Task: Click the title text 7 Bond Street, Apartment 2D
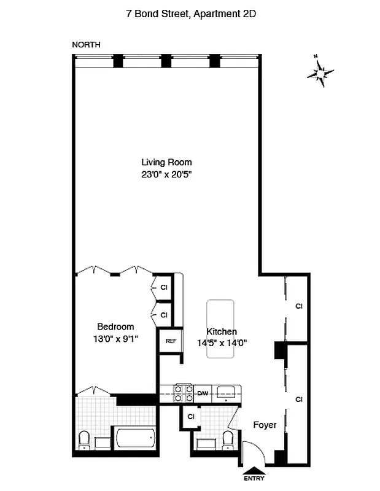tap(189, 12)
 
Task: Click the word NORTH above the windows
tap(86, 44)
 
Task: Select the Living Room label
tap(166, 163)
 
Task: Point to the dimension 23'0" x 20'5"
tap(166, 174)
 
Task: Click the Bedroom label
tap(115, 327)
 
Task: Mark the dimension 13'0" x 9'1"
tap(115, 338)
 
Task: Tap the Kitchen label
tap(222, 331)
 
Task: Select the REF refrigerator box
tap(170, 342)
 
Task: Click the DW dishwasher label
tap(203, 393)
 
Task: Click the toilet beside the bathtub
tap(85, 440)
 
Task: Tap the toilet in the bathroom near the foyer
tap(228, 439)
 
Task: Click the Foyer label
tap(265, 425)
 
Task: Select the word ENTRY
tap(254, 478)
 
